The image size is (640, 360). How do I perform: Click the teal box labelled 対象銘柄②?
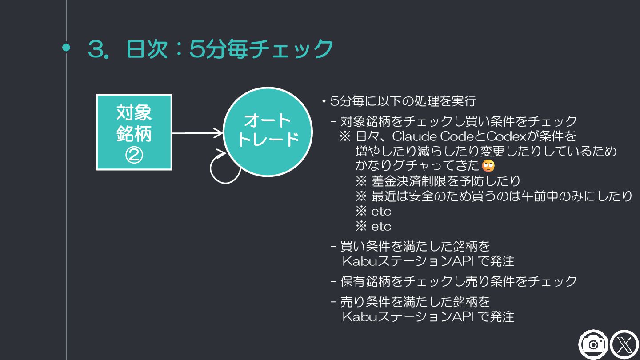pos(134,132)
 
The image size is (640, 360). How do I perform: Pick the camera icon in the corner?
pos(593,344)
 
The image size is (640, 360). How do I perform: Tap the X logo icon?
pos(624,344)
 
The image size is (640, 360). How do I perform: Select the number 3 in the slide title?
pos(96,49)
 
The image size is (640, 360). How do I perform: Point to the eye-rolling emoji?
pos(488,165)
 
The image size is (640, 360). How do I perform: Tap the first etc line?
pos(381,211)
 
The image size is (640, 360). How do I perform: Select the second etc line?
pos(381,227)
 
